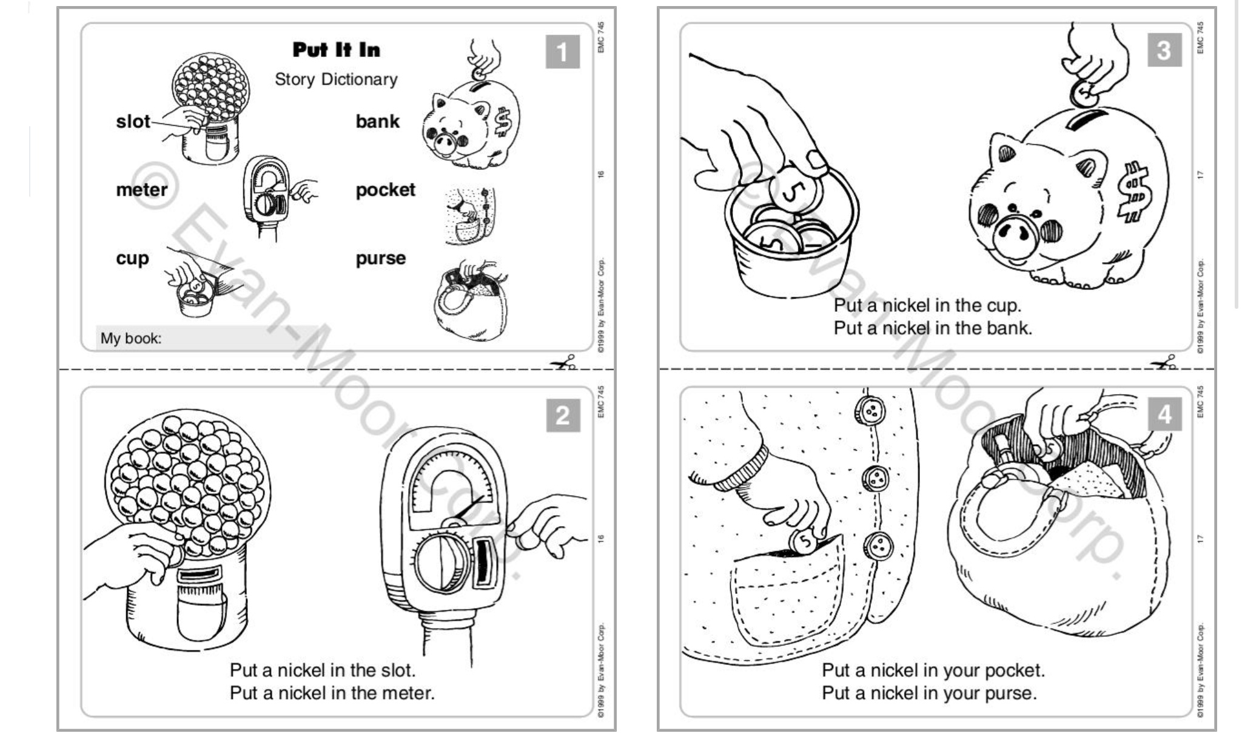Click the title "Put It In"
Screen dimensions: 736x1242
(336, 50)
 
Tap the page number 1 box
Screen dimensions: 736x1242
(562, 52)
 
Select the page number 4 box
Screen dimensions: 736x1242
(1164, 415)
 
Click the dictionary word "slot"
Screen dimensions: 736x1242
(133, 121)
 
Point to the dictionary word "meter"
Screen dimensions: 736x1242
(141, 190)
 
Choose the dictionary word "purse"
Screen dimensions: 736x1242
(380, 258)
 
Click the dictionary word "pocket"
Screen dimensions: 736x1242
(385, 190)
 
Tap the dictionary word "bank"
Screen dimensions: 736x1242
(377, 121)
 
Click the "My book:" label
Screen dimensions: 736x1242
(131, 338)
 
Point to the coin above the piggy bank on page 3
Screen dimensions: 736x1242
(1083, 94)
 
